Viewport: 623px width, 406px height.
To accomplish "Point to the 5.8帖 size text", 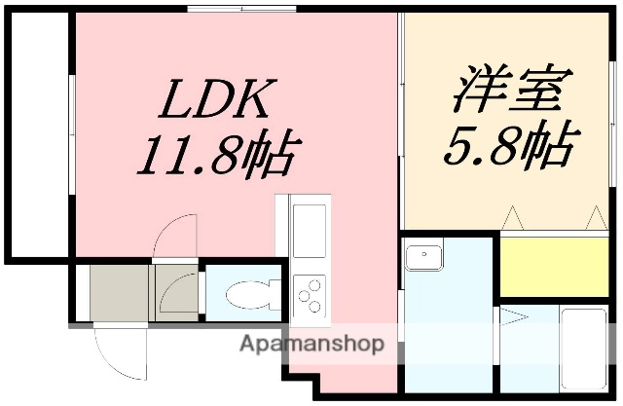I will click(506, 146).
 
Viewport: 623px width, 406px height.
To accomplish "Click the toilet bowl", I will click(243, 293).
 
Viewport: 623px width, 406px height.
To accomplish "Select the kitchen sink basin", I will click(311, 230).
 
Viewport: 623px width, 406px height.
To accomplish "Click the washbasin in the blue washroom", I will click(425, 258).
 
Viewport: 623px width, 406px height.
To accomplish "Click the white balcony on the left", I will click(37, 136).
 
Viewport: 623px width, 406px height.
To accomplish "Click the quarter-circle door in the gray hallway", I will click(177, 292).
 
